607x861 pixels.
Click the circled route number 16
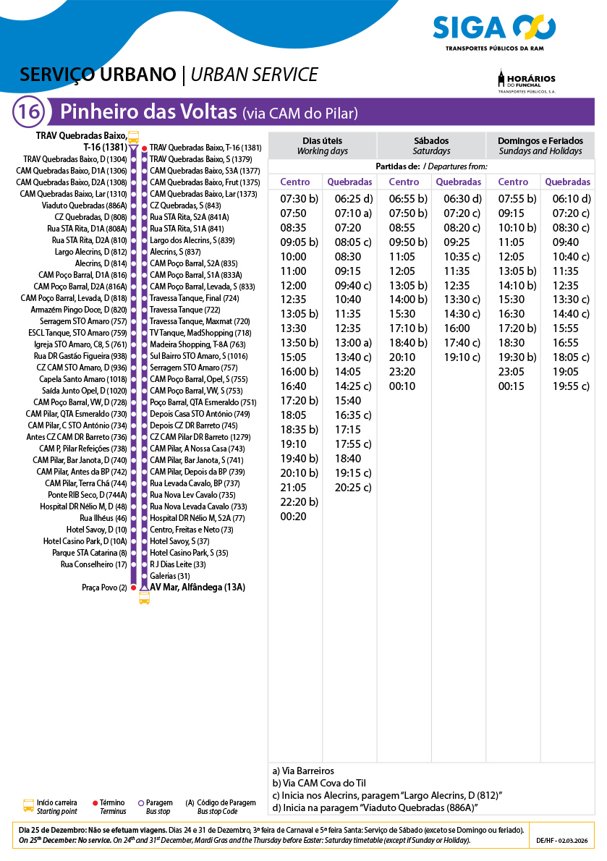coord(29,112)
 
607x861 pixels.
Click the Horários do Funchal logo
coord(526,82)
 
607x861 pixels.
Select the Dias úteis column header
coord(322,145)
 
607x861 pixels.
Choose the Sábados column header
coord(431,145)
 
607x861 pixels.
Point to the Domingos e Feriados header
coord(540,145)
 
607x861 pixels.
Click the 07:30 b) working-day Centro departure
coord(299,199)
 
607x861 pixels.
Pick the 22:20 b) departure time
coord(299,502)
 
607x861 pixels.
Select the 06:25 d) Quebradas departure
coord(353,199)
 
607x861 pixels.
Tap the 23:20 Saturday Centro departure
coord(402,372)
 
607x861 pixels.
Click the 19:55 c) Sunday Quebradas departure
coord(571,386)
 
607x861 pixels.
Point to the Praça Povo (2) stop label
coord(104,588)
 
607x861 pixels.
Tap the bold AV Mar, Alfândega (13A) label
coord(197,588)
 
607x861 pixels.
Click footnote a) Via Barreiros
coord(303,771)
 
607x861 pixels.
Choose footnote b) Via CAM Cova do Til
coord(319,783)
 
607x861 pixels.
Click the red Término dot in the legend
coord(95,803)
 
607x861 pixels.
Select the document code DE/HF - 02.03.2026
coord(562,840)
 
